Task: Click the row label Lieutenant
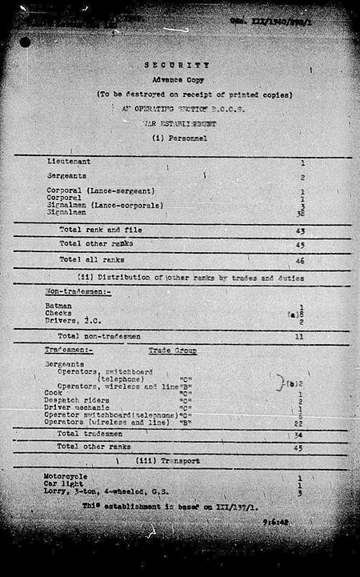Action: pyautogui.click(x=68, y=161)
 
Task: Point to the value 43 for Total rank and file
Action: pyautogui.click(x=301, y=229)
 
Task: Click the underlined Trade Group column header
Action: pyautogui.click(x=173, y=351)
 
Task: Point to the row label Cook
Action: pyautogui.click(x=54, y=393)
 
